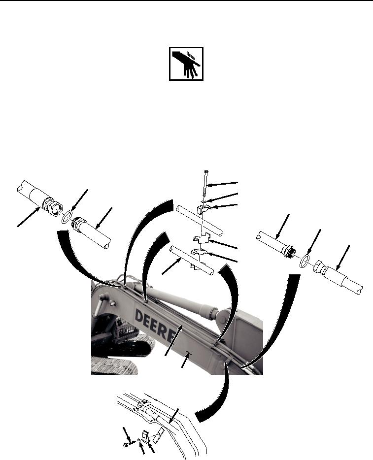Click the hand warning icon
(x=186, y=64)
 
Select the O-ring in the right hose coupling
(x=305, y=261)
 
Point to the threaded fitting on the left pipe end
(x=51, y=206)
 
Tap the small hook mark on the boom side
(x=189, y=354)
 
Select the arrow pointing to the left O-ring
(x=79, y=200)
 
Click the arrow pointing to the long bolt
(x=223, y=184)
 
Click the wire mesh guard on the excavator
(x=127, y=328)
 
